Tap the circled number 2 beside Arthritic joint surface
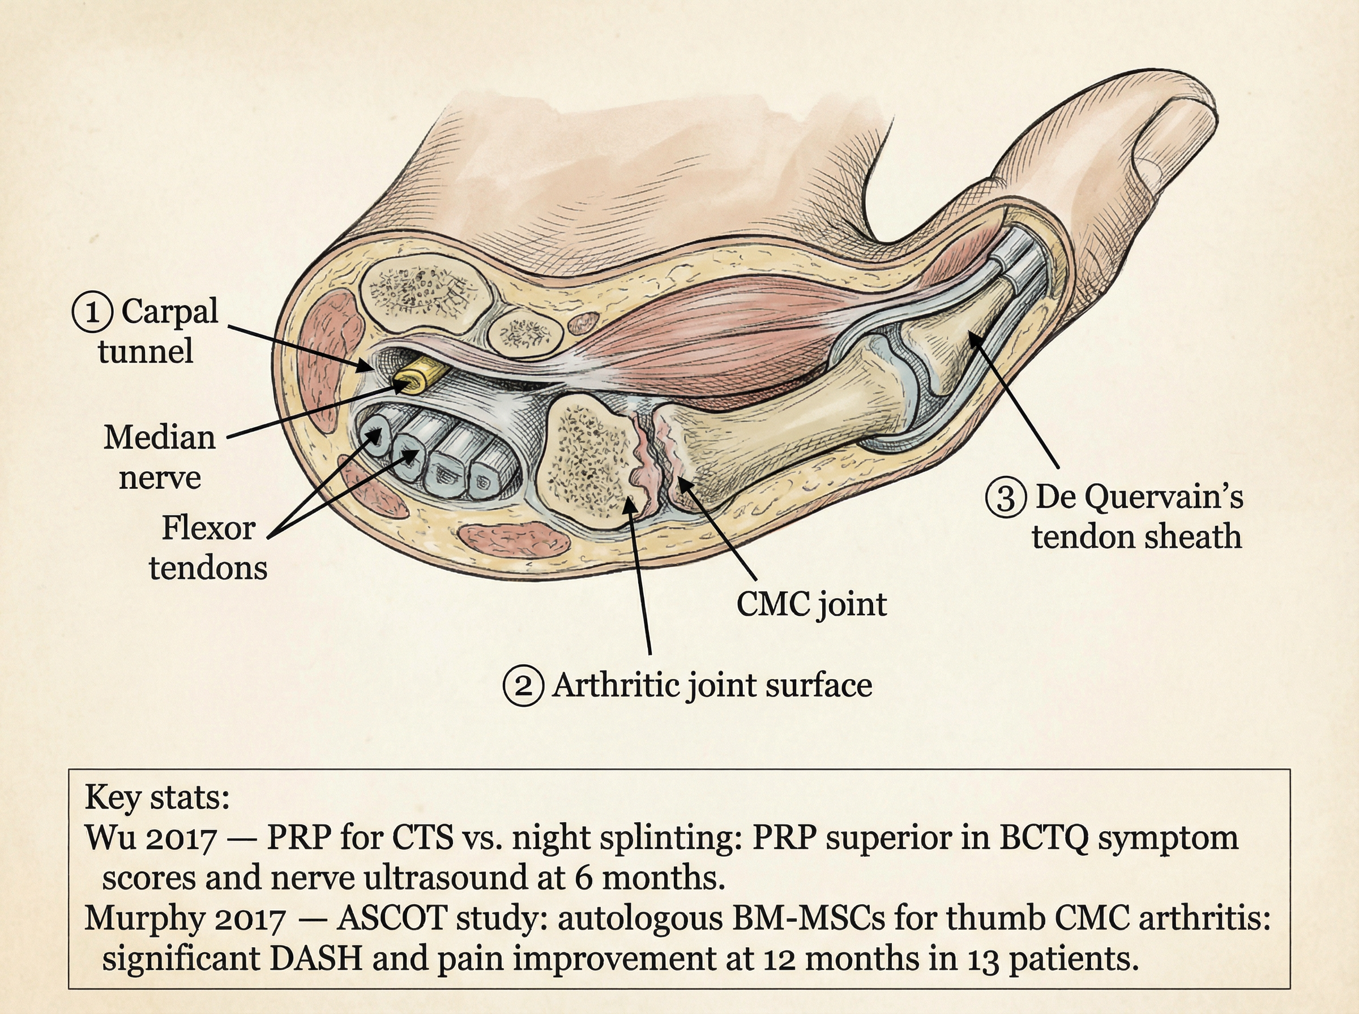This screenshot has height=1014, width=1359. (523, 686)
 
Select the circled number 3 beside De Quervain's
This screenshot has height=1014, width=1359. (1006, 497)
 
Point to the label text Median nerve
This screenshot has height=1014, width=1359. (160, 457)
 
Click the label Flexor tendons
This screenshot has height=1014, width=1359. (208, 548)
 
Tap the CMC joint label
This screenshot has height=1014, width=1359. (811, 604)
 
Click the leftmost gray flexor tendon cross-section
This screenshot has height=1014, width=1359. (377, 435)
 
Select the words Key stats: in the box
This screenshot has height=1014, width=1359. (157, 797)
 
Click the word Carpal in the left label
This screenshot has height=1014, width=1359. (169, 311)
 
